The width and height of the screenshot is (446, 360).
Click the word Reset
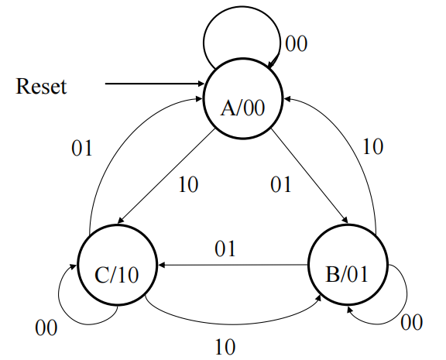(x=41, y=86)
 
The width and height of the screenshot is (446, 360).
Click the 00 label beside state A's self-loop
(x=296, y=44)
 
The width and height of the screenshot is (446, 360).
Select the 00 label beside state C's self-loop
(x=46, y=327)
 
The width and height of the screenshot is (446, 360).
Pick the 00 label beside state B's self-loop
(x=412, y=322)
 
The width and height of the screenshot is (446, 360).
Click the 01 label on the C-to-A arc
(x=82, y=148)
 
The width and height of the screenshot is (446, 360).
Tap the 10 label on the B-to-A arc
(x=373, y=146)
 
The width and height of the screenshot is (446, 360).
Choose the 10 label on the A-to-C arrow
(x=188, y=184)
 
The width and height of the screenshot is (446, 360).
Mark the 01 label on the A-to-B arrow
(x=281, y=184)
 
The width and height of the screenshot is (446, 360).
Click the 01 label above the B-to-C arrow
(x=225, y=249)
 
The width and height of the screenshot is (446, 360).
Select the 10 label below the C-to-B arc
(x=225, y=347)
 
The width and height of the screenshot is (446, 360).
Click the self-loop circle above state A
(x=242, y=6)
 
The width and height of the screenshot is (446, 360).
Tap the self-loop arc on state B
(x=407, y=293)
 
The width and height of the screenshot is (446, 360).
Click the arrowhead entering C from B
(x=162, y=265)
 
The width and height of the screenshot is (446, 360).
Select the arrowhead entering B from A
(x=345, y=221)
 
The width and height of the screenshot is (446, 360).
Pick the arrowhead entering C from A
(x=121, y=221)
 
